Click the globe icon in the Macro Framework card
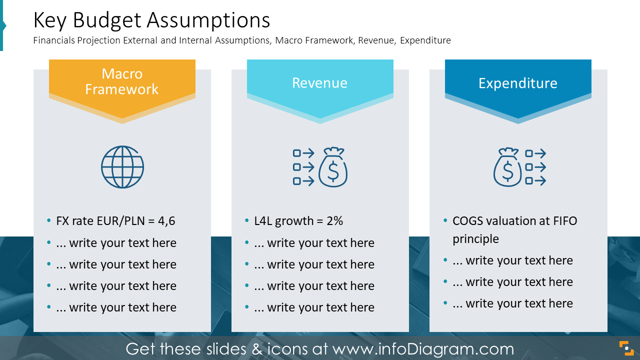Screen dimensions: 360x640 (x=122, y=167)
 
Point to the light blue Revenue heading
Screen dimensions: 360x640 (x=319, y=83)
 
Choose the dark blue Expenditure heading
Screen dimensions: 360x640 (x=517, y=83)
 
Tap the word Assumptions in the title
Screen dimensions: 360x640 (x=208, y=20)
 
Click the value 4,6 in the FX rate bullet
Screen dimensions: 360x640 (x=166, y=221)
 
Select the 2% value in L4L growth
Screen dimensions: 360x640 (x=334, y=221)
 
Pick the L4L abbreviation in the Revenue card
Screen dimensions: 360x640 (x=263, y=221)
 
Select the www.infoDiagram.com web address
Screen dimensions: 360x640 (x=423, y=348)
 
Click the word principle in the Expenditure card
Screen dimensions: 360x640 (x=475, y=239)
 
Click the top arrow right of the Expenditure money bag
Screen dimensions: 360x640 (x=535, y=153)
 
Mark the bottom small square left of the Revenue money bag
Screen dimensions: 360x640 (x=296, y=181)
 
